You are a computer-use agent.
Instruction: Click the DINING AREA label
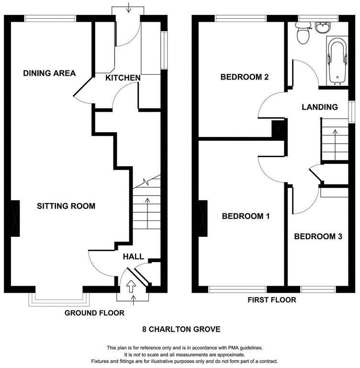pos(49,73)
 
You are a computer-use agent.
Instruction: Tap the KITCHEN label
pos(123,78)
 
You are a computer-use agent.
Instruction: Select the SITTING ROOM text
pos(66,206)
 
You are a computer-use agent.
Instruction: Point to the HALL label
pos(134,256)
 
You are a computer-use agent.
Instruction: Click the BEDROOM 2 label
pos(244,77)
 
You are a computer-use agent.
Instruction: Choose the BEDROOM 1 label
pos(246,216)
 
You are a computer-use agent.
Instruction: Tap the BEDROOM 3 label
pos(318,236)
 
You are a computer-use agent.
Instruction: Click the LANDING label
pos(320,107)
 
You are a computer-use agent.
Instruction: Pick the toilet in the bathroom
pos(303,33)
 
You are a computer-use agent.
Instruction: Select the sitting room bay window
pos(59,299)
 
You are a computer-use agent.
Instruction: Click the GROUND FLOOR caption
pos(94,313)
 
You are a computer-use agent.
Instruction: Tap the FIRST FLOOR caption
pos(272,299)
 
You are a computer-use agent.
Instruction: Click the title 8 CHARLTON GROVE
pos(181,329)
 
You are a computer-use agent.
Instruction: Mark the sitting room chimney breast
pos(15,218)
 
